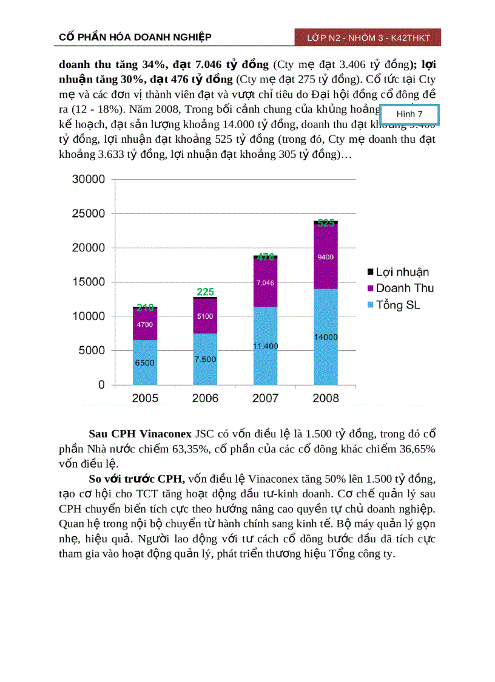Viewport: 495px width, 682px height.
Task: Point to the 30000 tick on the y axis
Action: click(89, 179)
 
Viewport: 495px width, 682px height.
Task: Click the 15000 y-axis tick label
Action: click(89, 282)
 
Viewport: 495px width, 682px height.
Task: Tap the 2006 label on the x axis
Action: click(205, 398)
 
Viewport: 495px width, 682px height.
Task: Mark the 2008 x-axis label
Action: click(326, 398)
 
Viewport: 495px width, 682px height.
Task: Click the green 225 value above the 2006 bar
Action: click(206, 292)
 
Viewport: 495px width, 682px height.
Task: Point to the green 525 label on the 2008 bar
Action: click(326, 223)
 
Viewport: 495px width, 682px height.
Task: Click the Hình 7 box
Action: click(409, 114)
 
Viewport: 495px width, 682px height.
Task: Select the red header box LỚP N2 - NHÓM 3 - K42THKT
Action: click(368, 38)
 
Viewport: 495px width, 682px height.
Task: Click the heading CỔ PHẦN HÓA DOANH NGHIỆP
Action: click(135, 38)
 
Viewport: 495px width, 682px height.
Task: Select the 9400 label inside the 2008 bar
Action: click(326, 257)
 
